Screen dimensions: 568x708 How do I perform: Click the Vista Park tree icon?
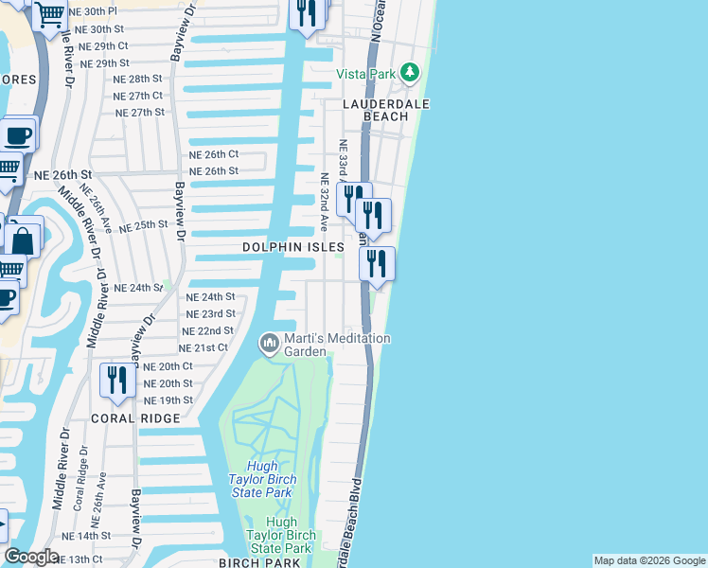click(409, 72)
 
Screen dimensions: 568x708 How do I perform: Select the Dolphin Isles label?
click(292, 246)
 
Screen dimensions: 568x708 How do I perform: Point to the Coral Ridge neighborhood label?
click(135, 418)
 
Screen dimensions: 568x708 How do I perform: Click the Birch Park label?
click(258, 562)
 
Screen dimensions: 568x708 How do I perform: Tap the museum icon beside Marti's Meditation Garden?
click(270, 342)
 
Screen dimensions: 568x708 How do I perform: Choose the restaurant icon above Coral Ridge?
click(117, 381)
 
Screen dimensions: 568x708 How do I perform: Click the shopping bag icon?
click(24, 239)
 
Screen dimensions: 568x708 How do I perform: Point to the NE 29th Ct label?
click(103, 45)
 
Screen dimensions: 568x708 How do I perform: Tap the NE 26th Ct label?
click(213, 153)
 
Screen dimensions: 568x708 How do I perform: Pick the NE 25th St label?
click(143, 225)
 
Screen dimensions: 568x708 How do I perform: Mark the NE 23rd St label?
click(210, 313)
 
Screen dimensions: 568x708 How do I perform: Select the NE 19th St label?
click(169, 400)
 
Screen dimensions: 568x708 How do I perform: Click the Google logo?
click(31, 557)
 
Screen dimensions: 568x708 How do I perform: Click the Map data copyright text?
click(649, 560)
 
